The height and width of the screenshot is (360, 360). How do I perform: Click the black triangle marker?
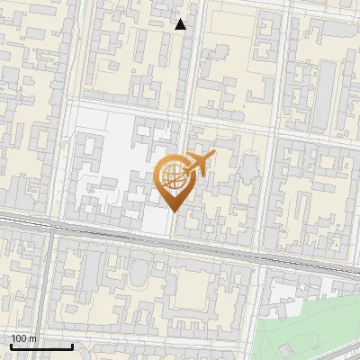(181, 24)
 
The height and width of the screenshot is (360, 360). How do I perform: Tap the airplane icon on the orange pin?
(200, 164)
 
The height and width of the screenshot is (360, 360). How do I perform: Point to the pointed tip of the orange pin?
(174, 212)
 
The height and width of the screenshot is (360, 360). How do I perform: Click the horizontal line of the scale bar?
(41, 347)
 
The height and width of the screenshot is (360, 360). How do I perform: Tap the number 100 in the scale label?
(19, 338)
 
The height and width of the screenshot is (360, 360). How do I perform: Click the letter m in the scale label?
(32, 338)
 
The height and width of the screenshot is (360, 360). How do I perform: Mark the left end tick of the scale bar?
(11, 346)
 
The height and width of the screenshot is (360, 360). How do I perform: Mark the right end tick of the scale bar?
(72, 346)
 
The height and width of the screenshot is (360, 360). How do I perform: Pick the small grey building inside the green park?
(285, 347)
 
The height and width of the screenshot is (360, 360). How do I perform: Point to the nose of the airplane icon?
(214, 156)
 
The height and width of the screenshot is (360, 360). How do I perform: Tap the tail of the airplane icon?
(187, 170)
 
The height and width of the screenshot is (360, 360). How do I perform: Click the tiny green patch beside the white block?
(65, 144)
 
